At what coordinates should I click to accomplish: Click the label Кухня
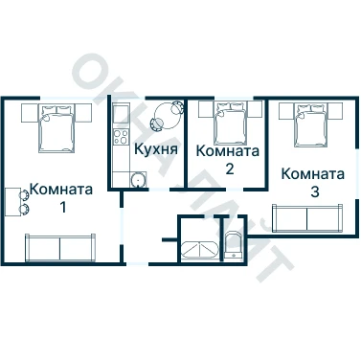[156, 149]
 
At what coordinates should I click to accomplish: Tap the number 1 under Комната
[63, 208]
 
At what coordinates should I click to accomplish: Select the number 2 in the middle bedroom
[229, 169]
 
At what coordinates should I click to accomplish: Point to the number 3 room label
[314, 191]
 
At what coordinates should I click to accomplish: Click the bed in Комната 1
[56, 128]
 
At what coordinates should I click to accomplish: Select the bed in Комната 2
[231, 123]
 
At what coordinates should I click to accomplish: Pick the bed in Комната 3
[311, 124]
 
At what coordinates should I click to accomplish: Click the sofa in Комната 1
[60, 248]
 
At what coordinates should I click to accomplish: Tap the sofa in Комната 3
[307, 218]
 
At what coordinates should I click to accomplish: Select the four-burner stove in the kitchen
[122, 137]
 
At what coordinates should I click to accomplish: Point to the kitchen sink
[139, 180]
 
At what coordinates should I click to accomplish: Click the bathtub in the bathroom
[199, 249]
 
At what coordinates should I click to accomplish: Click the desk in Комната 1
[13, 202]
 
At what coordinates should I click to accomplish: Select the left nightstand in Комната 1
[30, 113]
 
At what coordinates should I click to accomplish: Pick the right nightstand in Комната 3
[334, 111]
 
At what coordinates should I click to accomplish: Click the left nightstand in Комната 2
[206, 109]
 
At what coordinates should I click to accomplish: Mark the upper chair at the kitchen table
[177, 107]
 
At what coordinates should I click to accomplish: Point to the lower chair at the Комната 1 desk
[24, 209]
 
